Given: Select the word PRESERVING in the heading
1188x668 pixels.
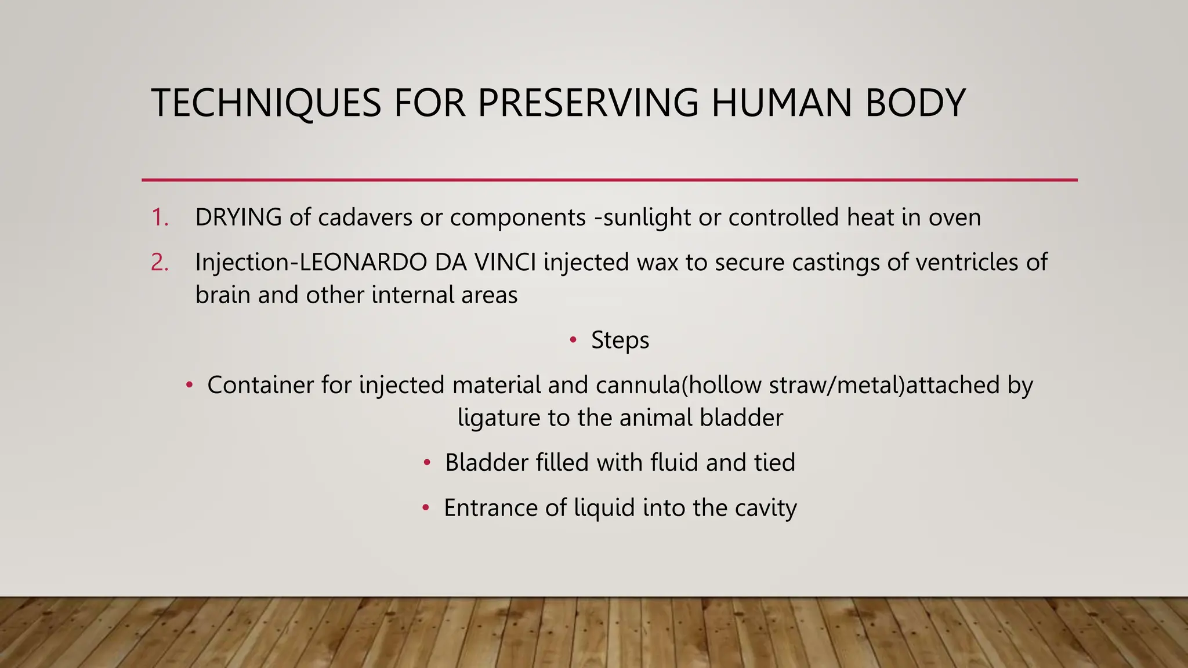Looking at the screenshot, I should click(x=588, y=103).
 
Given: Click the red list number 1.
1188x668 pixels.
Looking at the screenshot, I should click(x=160, y=217).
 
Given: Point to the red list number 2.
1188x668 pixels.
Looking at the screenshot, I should click(x=160, y=263).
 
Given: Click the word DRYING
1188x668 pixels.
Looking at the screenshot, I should click(x=238, y=217).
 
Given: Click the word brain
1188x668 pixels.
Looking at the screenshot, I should click(x=223, y=295).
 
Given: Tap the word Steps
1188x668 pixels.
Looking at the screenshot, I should click(x=620, y=340).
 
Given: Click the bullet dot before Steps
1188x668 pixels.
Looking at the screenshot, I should click(x=573, y=340).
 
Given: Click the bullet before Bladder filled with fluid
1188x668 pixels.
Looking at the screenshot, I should click(x=427, y=463).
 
